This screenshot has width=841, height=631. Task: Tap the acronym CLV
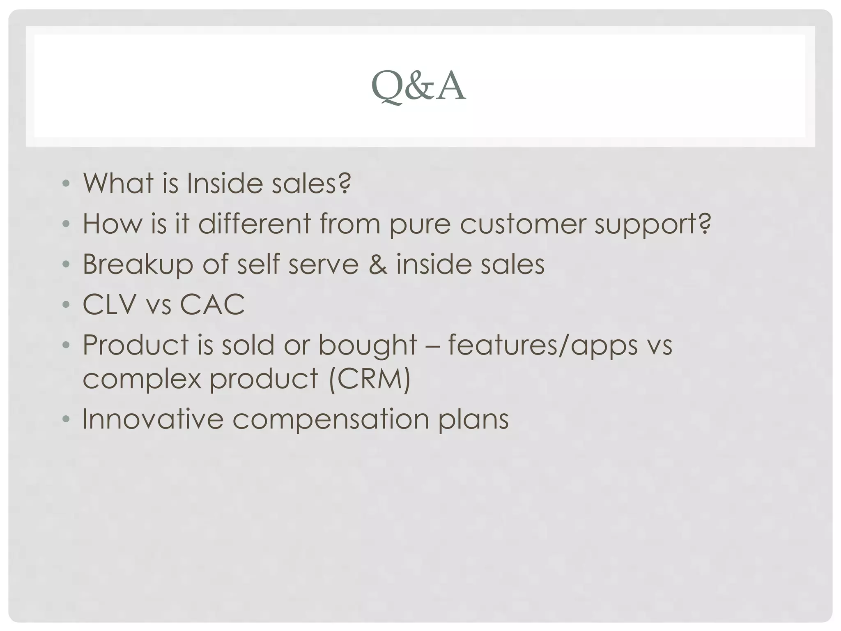click(x=109, y=304)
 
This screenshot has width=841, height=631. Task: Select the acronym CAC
click(x=212, y=304)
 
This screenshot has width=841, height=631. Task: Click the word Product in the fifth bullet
click(x=136, y=345)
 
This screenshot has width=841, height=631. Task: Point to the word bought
click(x=368, y=345)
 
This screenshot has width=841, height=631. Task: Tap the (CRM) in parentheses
click(x=370, y=379)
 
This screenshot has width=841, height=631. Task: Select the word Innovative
click(x=153, y=419)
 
